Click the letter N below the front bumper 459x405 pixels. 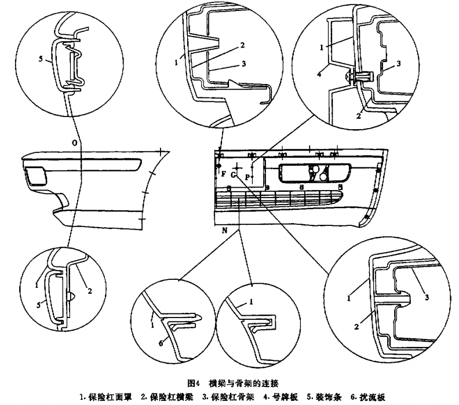[223, 230]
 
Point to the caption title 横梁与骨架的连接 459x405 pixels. [245, 383]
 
